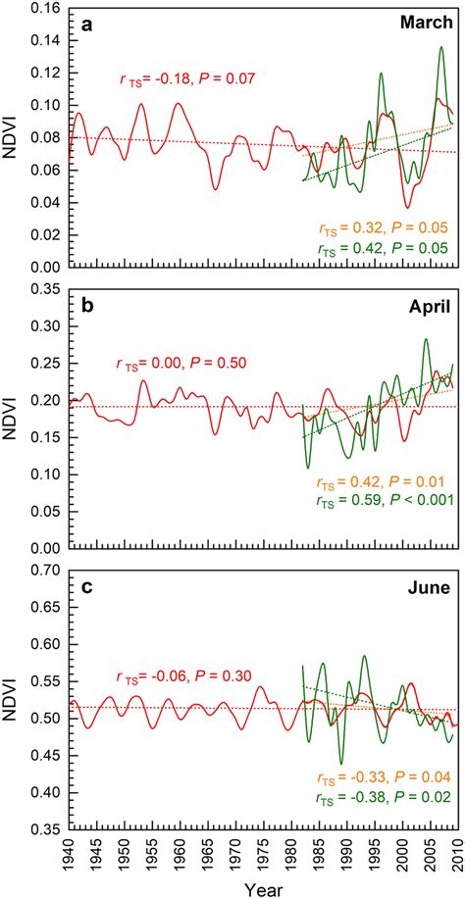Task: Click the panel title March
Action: tap(428, 22)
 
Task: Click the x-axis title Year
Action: tap(260, 888)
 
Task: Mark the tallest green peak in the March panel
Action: tap(440, 47)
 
